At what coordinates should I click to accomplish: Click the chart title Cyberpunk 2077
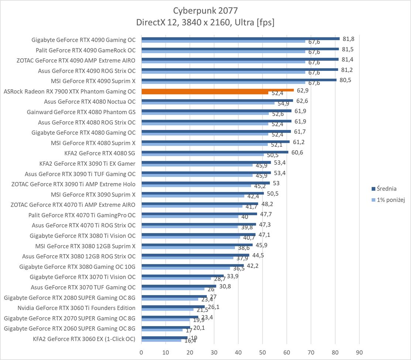click(x=205, y=10)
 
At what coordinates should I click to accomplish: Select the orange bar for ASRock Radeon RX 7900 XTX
click(x=217, y=90)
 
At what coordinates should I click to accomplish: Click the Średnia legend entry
click(x=383, y=189)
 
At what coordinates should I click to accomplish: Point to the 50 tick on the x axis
click(x=263, y=352)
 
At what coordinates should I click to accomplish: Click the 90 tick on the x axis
click(x=359, y=352)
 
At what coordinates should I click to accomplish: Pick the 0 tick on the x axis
click(x=141, y=352)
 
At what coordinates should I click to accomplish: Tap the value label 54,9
click(x=284, y=104)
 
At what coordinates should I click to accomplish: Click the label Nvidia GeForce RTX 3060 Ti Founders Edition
click(x=76, y=308)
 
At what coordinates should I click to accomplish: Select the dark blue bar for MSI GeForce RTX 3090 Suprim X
click(x=202, y=193)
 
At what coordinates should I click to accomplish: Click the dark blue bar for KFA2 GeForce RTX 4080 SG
click(x=215, y=152)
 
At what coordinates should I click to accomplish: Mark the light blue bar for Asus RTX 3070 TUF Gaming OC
click(x=173, y=289)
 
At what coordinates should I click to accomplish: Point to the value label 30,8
click(x=225, y=286)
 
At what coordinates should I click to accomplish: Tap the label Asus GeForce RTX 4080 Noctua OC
click(x=90, y=102)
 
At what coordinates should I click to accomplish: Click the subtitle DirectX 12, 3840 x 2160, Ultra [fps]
click(x=205, y=22)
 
